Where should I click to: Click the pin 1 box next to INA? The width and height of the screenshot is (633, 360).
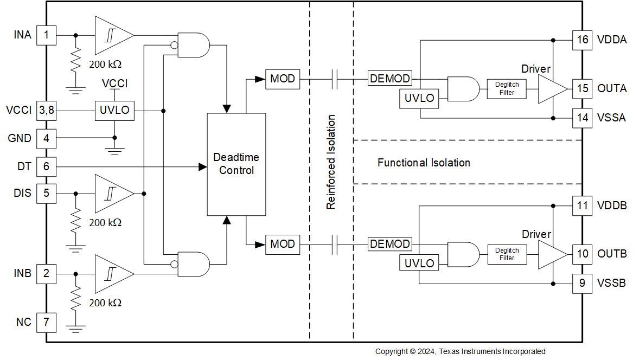(46, 36)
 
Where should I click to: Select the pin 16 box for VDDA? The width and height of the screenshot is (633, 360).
(583, 40)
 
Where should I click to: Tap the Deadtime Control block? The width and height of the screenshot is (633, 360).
(236, 164)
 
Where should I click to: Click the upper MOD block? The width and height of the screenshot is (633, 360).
(282, 79)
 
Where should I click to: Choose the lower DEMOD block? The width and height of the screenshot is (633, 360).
(389, 244)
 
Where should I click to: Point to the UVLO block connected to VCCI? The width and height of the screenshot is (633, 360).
(114, 110)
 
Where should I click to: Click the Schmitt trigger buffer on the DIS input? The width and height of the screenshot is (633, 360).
(113, 193)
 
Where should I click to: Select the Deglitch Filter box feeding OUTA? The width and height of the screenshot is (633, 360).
(507, 88)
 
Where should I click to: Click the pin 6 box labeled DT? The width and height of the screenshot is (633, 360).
(46, 166)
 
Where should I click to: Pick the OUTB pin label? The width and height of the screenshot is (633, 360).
(612, 254)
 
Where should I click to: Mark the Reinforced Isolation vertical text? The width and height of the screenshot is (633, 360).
(331, 162)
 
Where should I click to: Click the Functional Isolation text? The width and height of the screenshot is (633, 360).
(424, 163)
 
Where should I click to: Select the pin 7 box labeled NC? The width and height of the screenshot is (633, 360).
(46, 322)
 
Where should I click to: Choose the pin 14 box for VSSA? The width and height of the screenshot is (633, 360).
(583, 118)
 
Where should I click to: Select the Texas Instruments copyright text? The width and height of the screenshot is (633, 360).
(460, 352)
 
